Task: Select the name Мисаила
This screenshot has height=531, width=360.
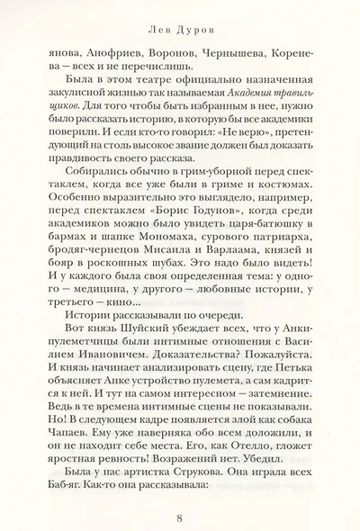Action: [x=188, y=241]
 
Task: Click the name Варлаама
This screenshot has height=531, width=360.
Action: [x=255, y=241]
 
